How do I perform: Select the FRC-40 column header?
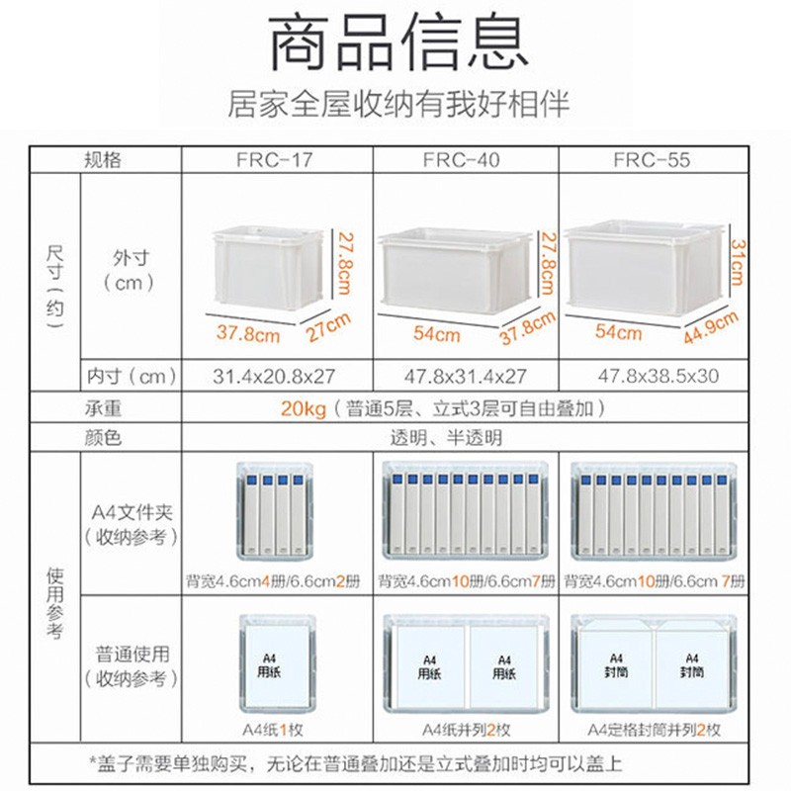click(465, 159)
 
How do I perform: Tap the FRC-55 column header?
click(652, 159)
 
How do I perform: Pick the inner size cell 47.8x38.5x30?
click(652, 377)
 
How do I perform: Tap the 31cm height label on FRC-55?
click(736, 261)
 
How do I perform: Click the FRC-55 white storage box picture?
click(644, 268)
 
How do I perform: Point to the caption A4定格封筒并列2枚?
click(654, 731)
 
